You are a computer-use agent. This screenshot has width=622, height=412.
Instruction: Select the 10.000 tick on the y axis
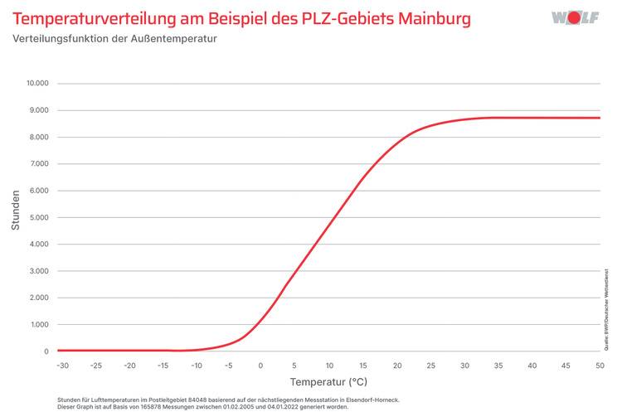tap(37, 84)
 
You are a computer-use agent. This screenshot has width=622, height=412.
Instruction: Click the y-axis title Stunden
tap(16, 213)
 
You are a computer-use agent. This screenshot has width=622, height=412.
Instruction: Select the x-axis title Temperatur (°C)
tap(328, 383)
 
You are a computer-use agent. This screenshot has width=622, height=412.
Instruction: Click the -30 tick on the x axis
tap(62, 365)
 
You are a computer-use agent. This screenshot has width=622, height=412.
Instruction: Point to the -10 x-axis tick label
tap(196, 365)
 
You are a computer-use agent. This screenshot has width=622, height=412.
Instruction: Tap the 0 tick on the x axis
tap(262, 365)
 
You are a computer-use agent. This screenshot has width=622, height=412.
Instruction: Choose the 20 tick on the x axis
tap(396, 365)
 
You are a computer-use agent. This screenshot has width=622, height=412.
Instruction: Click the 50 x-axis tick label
tap(600, 365)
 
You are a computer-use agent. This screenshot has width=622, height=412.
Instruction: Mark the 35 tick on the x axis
tap(498, 365)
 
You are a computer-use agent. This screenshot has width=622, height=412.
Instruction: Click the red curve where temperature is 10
tap(329, 225)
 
